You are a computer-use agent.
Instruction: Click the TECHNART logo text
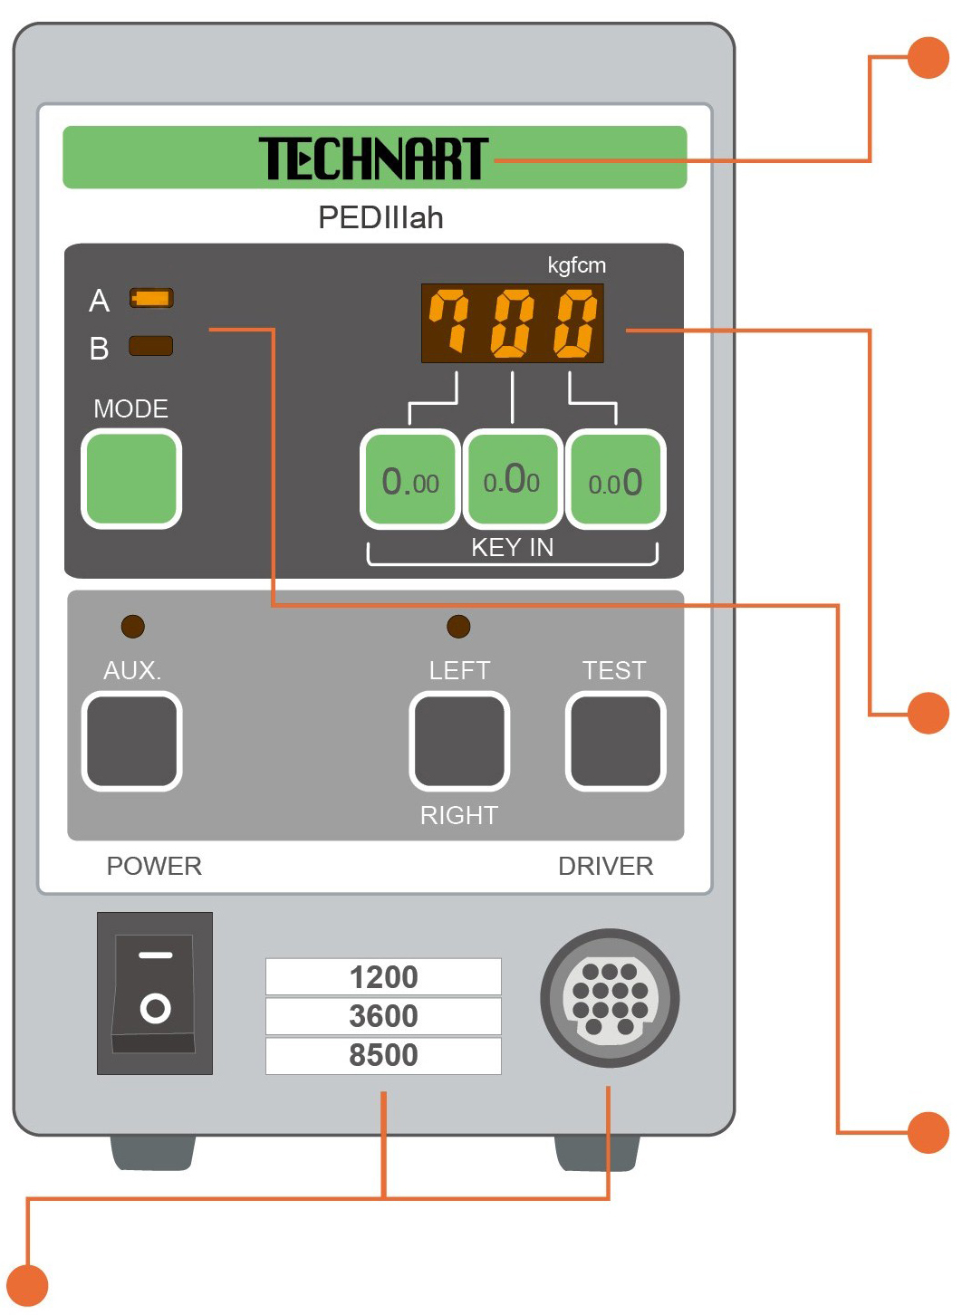click(373, 158)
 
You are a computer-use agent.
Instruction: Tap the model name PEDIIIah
click(380, 218)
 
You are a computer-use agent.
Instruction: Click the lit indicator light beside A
click(151, 298)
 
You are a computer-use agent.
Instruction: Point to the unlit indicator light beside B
click(151, 346)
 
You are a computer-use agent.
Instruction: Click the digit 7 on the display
click(449, 322)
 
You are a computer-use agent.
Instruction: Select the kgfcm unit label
click(576, 265)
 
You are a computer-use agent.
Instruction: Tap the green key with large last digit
click(615, 480)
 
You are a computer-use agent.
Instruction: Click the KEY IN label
click(512, 547)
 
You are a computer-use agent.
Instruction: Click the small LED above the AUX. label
click(133, 626)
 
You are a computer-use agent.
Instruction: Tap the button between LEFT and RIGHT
click(459, 741)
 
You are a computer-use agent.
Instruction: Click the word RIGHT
click(458, 815)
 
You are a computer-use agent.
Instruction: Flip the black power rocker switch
click(155, 993)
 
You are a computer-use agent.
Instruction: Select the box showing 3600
click(383, 1016)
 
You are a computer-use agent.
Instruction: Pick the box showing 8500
click(383, 1055)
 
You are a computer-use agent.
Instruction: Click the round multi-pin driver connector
click(610, 998)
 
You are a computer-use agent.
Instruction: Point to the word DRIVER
click(605, 866)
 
